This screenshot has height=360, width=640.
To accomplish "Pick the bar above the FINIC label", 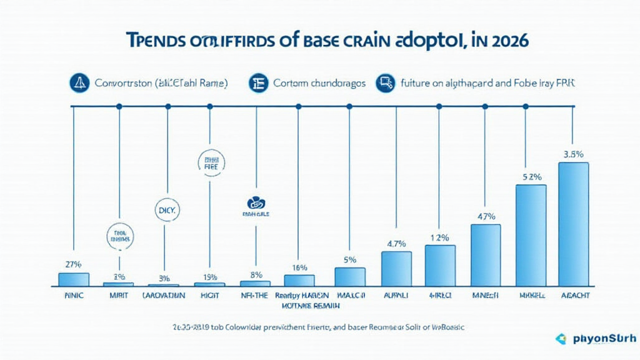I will pyautogui.click(x=74, y=279).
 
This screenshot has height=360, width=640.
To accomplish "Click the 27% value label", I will pyautogui.click(x=74, y=264).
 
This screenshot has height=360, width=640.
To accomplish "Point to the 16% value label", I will pyautogui.click(x=300, y=267).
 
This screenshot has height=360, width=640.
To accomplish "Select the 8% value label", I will pyautogui.click(x=256, y=274).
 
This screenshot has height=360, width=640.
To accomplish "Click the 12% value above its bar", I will pyautogui.click(x=440, y=237).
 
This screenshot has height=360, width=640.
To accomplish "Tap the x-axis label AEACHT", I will pyautogui.click(x=574, y=294).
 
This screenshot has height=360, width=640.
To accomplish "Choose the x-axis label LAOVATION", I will pyautogui.click(x=163, y=294).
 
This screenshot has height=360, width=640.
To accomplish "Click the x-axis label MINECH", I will pyautogui.click(x=485, y=294).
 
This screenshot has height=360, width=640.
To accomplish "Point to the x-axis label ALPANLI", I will pyautogui.click(x=395, y=294).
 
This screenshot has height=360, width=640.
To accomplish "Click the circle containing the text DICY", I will pyautogui.click(x=166, y=211).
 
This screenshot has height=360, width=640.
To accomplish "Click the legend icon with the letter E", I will pyautogui.click(x=257, y=83).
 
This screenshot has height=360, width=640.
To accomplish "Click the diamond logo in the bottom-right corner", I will pyautogui.click(x=561, y=339).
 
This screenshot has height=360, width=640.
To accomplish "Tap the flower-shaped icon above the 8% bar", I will pyautogui.click(x=255, y=202).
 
